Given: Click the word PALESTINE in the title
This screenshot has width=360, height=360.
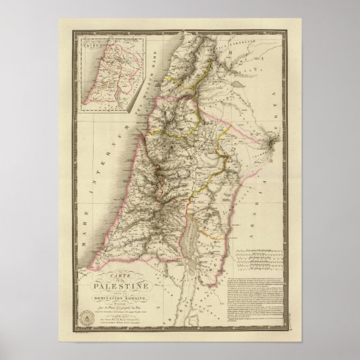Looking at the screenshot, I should [x=128, y=269].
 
